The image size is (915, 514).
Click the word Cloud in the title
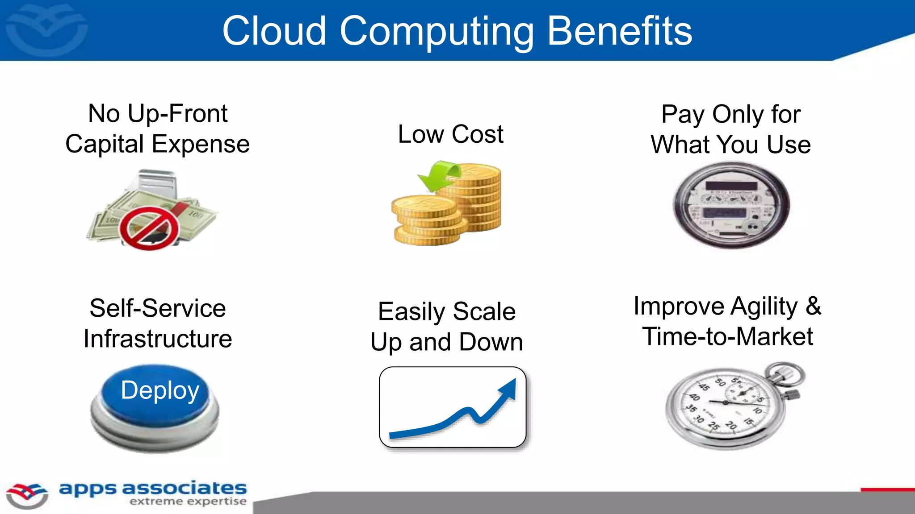(274, 31)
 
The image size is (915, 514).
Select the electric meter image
(731, 205)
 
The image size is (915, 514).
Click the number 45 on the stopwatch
(704, 386)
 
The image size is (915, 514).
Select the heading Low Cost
(450, 134)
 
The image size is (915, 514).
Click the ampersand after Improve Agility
(813, 307)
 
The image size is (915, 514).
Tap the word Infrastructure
(158, 339)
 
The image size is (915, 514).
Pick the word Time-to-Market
(728, 336)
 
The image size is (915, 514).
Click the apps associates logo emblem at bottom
(27, 495)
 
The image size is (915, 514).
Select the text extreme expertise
(188, 502)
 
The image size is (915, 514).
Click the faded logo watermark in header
(46, 29)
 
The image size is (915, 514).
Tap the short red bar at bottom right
(887, 489)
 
